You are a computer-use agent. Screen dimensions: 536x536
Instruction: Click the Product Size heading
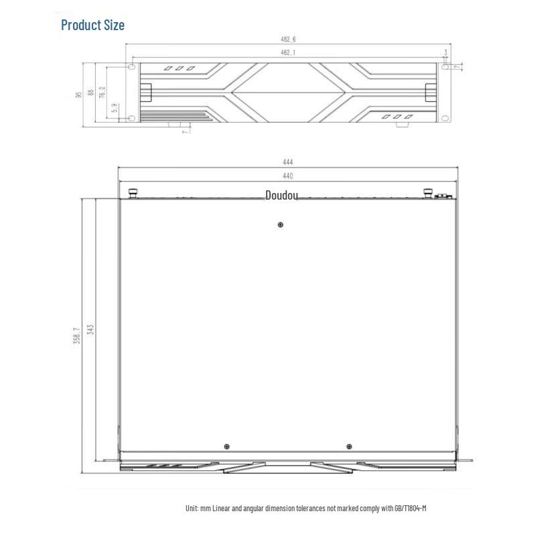[92, 25]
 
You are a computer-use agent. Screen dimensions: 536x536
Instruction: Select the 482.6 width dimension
[287, 40]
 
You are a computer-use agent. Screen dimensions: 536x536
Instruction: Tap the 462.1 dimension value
[287, 52]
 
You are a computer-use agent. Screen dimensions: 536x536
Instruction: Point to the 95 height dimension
[79, 94]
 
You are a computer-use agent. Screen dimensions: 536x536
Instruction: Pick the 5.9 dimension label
[115, 107]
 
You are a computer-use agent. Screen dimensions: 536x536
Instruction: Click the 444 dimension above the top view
[287, 162]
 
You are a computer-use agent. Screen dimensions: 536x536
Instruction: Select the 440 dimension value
[287, 176]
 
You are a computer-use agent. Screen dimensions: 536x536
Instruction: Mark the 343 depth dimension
[90, 330]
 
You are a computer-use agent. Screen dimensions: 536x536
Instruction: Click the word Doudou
[281, 196]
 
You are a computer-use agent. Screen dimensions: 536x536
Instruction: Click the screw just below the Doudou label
[280, 224]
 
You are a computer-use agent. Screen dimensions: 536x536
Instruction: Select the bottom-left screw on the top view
[227, 447]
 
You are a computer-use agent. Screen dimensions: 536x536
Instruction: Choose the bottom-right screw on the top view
[348, 447]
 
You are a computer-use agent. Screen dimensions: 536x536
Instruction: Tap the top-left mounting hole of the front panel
[131, 67]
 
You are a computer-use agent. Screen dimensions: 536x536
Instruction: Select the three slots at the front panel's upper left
[180, 68]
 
